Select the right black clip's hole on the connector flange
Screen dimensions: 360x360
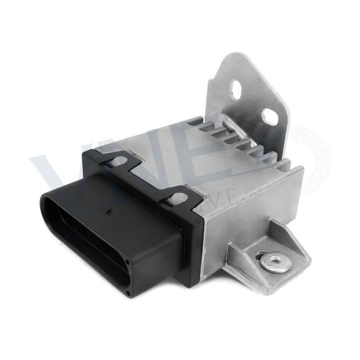tap(179, 197)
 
